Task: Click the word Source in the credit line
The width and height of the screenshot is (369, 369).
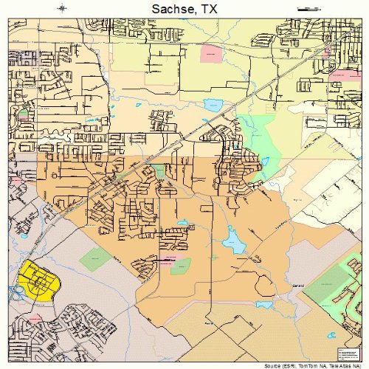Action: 275,365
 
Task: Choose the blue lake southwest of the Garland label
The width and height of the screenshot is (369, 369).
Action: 263,303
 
